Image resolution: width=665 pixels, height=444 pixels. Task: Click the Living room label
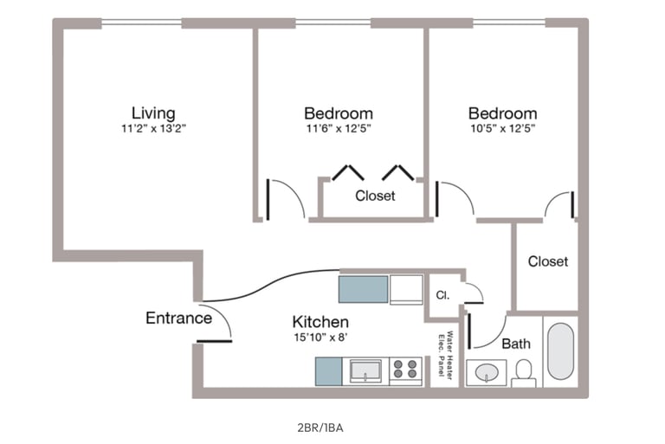[x=153, y=113]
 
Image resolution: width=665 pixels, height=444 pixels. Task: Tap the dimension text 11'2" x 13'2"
[x=154, y=128]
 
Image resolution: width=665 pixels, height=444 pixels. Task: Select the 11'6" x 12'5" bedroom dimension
[x=339, y=128]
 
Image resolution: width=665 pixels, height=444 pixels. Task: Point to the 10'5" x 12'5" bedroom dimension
[x=502, y=128]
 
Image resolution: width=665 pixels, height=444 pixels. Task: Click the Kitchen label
[x=320, y=322]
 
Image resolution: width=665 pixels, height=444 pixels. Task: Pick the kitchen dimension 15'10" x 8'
[x=320, y=338]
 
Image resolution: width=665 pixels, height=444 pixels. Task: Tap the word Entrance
[x=178, y=318]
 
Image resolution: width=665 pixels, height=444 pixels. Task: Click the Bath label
[x=516, y=343]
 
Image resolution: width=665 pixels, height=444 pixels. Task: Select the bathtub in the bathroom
[x=560, y=351]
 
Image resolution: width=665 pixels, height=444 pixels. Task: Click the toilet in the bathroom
[x=524, y=373]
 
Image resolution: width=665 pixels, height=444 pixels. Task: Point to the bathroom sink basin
[x=487, y=373]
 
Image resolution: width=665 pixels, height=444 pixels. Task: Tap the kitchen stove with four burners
[x=405, y=370]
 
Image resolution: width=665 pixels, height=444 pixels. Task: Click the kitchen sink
[x=365, y=370]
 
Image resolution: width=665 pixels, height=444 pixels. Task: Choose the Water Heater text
[x=450, y=355]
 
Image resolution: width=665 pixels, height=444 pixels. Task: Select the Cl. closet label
[x=442, y=295]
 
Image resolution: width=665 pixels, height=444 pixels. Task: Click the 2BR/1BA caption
[x=320, y=428]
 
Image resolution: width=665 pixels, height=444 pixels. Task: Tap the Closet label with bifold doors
[x=375, y=196]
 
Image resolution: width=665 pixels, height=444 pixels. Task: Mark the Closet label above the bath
[x=548, y=261]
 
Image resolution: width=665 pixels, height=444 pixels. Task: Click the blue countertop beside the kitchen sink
[x=328, y=371]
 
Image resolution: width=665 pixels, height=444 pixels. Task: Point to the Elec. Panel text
[x=441, y=356]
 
